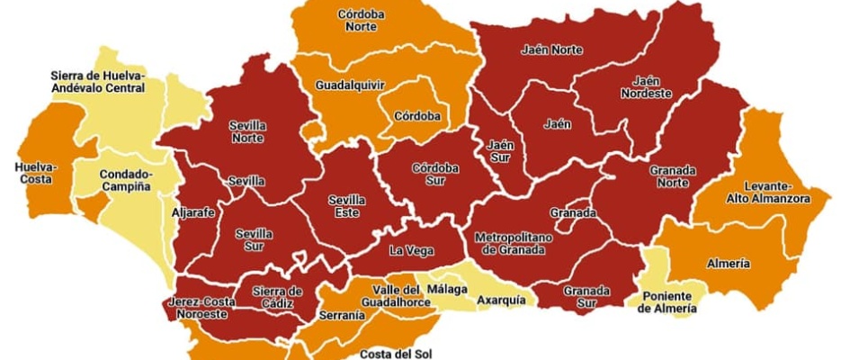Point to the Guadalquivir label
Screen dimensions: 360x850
tap(350, 85)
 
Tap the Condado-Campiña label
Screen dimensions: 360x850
tap(125, 181)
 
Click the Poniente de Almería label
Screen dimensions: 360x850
tap(667, 302)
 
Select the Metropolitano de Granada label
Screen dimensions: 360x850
tap(509, 243)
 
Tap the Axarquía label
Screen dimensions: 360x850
tap(501, 300)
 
